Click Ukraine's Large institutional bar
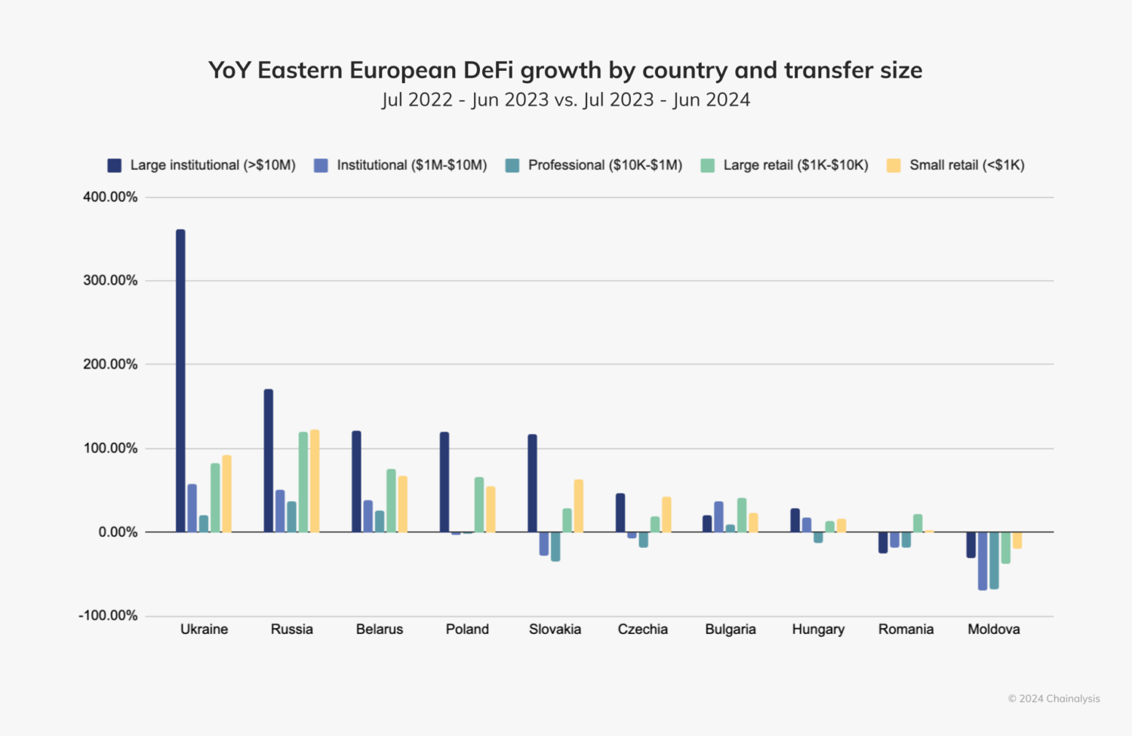click(x=180, y=381)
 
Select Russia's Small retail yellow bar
click(x=315, y=481)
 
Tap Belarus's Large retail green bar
click(x=391, y=500)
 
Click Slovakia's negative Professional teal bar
click(x=555, y=547)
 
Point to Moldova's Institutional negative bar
click(x=983, y=561)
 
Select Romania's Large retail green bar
click(x=918, y=523)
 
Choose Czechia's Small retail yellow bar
click(x=666, y=514)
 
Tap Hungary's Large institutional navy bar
click(x=795, y=520)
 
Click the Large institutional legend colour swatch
click(x=115, y=165)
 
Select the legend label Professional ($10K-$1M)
click(x=604, y=165)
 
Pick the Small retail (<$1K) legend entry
click(x=966, y=165)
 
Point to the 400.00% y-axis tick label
click(x=110, y=197)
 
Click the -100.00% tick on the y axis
click(x=108, y=615)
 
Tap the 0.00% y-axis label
click(x=118, y=532)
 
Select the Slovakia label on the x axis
click(x=555, y=629)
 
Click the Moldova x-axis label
click(x=993, y=629)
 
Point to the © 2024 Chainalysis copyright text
click(x=1054, y=698)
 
